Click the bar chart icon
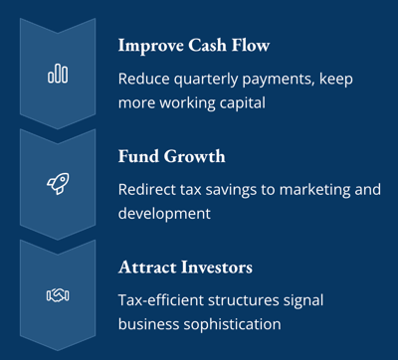[x=58, y=74]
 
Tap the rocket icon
[x=58, y=184]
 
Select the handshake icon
[x=58, y=294]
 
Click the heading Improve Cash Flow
[x=193, y=46]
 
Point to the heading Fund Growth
[x=171, y=156]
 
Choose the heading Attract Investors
[x=185, y=268]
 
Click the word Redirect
[x=149, y=189]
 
